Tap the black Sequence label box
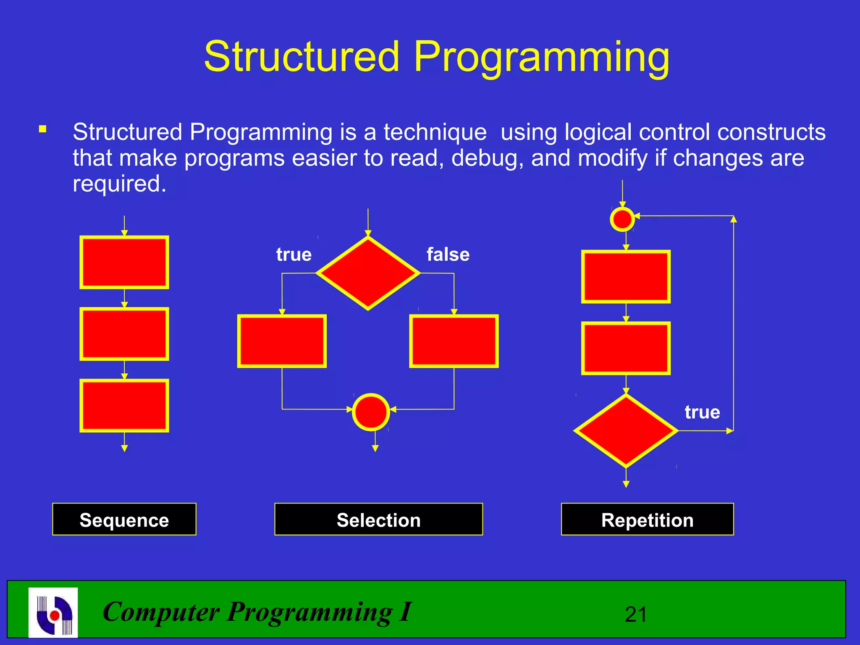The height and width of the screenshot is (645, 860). click(124, 519)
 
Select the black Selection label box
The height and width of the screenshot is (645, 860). click(378, 519)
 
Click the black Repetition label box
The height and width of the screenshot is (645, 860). click(647, 519)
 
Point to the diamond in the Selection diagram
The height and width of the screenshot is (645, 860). click(368, 273)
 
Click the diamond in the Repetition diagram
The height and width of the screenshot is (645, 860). click(626, 431)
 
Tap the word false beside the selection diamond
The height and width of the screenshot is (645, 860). click(448, 254)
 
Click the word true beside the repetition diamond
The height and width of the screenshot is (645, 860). click(702, 412)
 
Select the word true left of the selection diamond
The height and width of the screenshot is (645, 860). click(294, 254)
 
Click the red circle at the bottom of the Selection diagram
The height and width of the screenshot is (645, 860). click(371, 412)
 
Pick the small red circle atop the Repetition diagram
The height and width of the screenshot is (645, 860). click(622, 219)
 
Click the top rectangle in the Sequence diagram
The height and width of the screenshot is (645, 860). click(124, 262)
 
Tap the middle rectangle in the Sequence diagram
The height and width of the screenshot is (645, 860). click(124, 334)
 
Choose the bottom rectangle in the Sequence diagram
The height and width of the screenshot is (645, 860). click(124, 406)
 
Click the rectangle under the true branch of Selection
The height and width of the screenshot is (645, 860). click(282, 341)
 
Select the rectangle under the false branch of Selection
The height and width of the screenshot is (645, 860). click(454, 341)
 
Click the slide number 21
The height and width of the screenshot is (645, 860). click(636, 615)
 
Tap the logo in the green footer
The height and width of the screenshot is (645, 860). click(53, 612)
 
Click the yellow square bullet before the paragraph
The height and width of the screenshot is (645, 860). click(42, 129)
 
